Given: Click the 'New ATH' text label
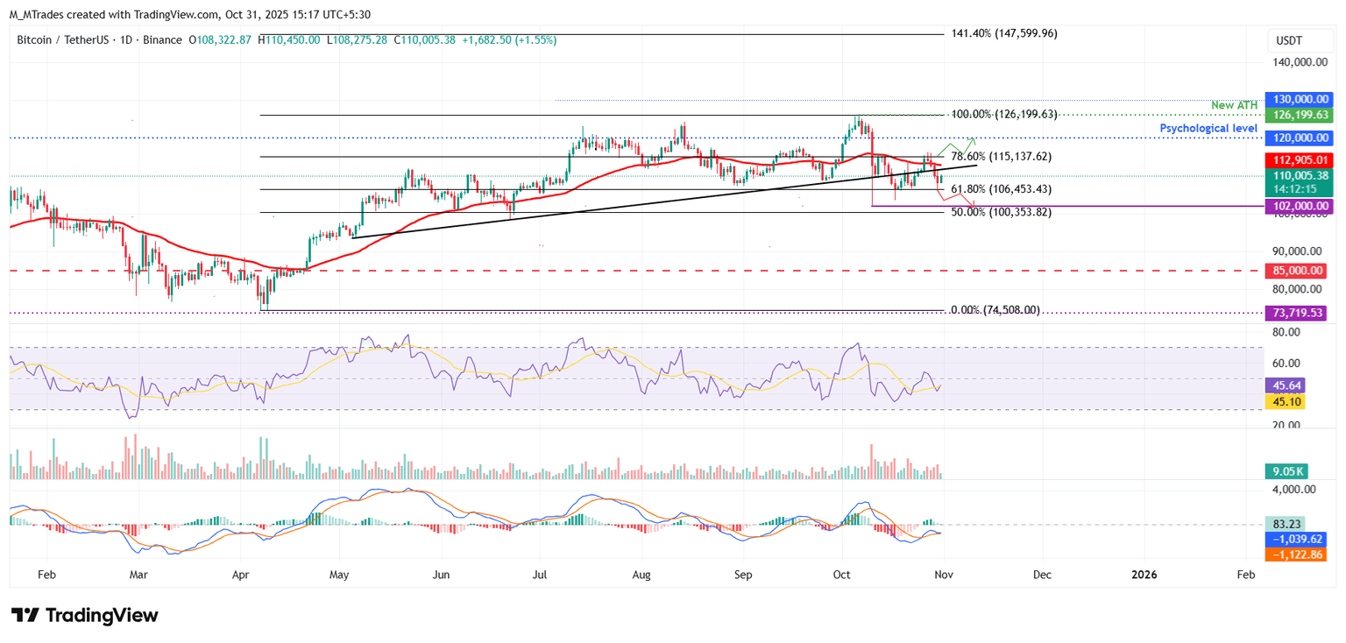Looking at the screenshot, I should [x=1235, y=105].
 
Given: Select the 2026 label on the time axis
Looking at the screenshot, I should [x=1144, y=575].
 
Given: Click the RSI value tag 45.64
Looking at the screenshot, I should [x=1285, y=385].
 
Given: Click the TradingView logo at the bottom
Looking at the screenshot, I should [x=85, y=616].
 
